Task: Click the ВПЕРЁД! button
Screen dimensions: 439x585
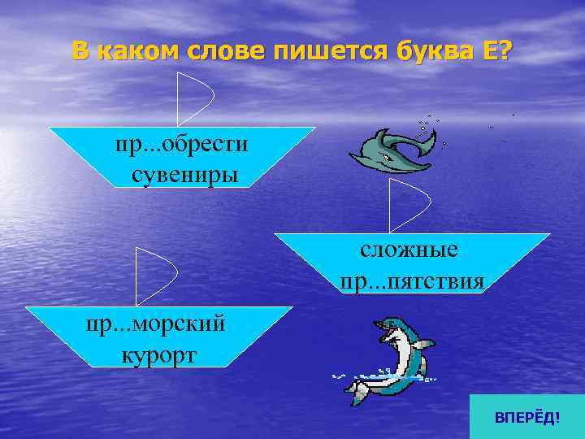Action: [526, 417]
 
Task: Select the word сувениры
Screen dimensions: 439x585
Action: [184, 174]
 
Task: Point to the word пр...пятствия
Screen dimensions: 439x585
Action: [413, 280]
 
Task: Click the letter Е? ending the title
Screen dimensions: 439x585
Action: [497, 50]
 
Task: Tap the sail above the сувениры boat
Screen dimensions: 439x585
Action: [195, 96]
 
